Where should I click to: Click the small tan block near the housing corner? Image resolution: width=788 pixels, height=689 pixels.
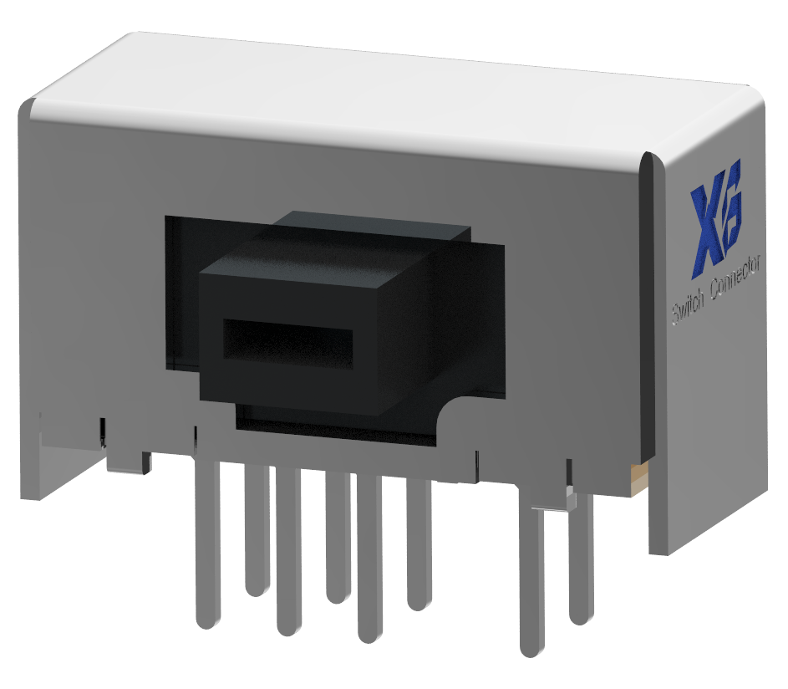638,478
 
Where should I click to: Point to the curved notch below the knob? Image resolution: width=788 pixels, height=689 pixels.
451,410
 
